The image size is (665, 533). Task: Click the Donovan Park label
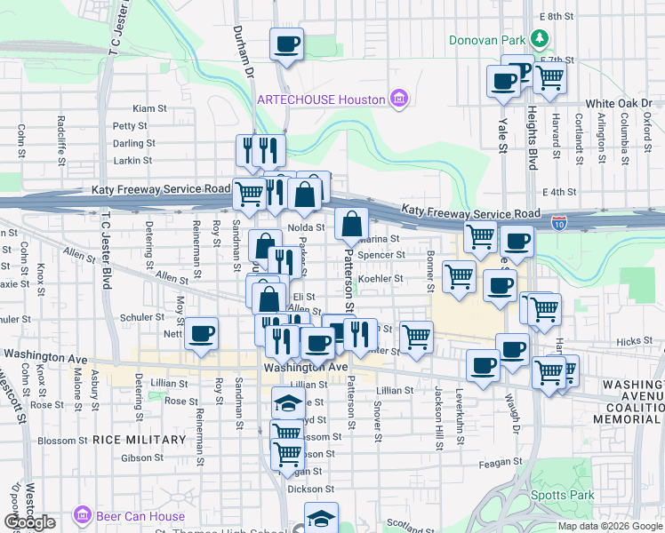tap(486, 39)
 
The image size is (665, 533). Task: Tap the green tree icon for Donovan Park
tap(539, 38)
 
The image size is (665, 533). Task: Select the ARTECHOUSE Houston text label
tap(321, 99)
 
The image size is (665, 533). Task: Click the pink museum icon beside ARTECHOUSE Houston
tap(399, 99)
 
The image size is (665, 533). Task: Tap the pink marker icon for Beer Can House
tap(83, 515)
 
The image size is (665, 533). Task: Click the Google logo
tap(29, 522)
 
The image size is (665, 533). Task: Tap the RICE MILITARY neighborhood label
tap(132, 440)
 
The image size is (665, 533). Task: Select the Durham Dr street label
tap(250, 62)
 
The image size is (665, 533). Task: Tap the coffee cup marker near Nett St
tap(203, 334)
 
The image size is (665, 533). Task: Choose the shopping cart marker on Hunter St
tap(416, 337)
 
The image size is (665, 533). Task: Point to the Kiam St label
tap(150, 108)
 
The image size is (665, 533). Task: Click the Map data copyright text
tap(611, 526)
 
